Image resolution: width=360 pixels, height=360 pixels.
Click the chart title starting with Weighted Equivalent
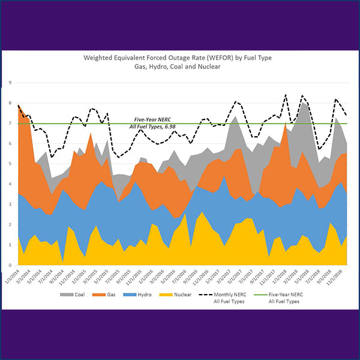tap(179, 58)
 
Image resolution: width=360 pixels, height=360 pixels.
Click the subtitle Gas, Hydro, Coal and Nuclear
tap(179, 67)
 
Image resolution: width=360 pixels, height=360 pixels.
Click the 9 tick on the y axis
tap(10, 82)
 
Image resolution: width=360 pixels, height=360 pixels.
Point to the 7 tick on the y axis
tap(10, 123)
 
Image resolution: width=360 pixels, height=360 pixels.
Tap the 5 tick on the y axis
tap(10, 163)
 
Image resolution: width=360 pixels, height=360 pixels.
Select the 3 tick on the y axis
tap(10, 204)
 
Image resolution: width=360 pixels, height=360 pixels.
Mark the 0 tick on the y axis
tap(10, 265)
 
